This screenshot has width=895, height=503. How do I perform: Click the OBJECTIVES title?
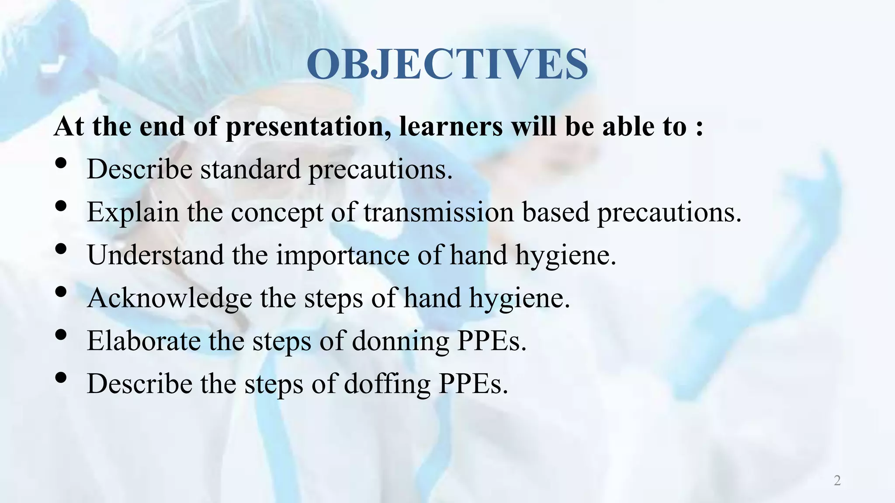point(447,64)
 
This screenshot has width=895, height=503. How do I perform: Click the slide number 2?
point(837,480)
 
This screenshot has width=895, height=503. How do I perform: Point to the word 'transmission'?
point(438,212)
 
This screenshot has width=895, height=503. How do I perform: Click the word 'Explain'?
point(133,212)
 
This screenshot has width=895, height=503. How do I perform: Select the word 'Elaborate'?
point(144,341)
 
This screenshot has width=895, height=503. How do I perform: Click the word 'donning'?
point(400,341)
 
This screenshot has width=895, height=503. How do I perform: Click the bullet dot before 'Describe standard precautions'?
point(61,163)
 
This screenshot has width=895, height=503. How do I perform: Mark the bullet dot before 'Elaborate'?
point(61,334)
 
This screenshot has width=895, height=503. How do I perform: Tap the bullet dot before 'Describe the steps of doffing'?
point(61,377)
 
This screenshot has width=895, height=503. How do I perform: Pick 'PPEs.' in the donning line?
point(492,341)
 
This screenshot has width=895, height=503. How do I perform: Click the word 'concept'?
point(277,213)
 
